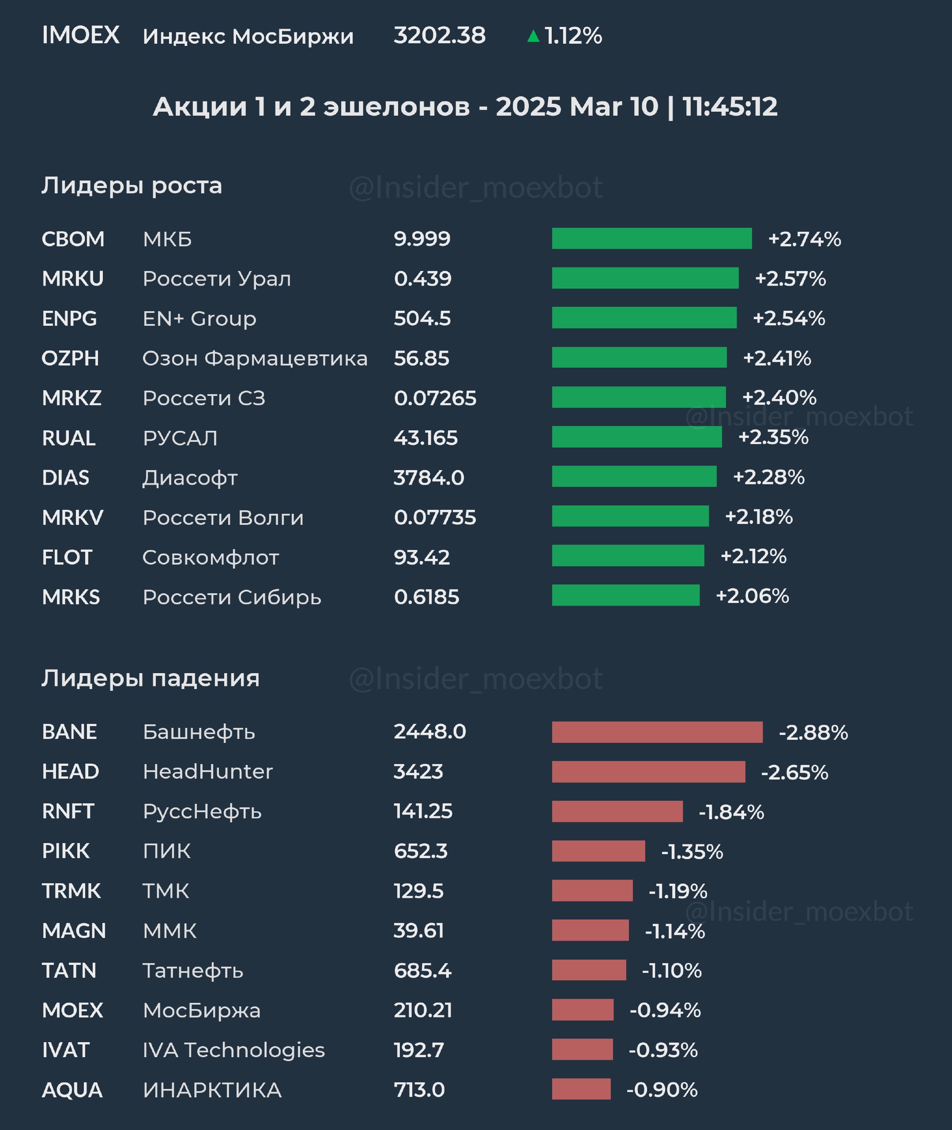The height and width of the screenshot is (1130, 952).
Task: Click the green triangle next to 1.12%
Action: [x=533, y=36]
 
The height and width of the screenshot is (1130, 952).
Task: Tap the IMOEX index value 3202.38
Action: [x=439, y=36]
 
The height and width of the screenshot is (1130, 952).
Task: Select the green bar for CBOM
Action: [x=651, y=238]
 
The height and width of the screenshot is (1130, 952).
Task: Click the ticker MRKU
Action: [x=73, y=279]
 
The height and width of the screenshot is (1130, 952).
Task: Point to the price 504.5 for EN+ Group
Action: [x=422, y=318]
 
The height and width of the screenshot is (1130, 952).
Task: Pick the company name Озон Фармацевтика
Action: [x=255, y=358]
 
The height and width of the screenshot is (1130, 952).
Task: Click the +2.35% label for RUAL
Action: [x=773, y=437]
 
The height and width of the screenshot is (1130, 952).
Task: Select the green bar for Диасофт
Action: [x=634, y=477]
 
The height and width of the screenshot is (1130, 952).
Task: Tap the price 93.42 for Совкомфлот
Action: [x=421, y=557]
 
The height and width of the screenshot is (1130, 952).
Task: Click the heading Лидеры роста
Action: [x=132, y=186]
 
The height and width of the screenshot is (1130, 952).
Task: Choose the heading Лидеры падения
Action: [x=151, y=678]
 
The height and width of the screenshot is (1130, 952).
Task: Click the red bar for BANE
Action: [x=657, y=732]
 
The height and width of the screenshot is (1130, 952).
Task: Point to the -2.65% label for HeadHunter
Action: [x=794, y=772]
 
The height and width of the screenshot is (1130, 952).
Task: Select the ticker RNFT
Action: [x=68, y=811]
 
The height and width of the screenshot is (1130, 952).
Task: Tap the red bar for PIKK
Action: [x=598, y=851]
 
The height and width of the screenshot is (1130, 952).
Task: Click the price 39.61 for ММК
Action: [x=418, y=930]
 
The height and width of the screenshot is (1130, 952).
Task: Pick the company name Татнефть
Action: [x=193, y=970]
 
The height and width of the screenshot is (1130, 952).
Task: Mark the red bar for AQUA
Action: [x=581, y=1089]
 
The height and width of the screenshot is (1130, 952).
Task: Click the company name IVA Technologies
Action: [x=233, y=1050]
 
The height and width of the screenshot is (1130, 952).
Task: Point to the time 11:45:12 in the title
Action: [x=730, y=107]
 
